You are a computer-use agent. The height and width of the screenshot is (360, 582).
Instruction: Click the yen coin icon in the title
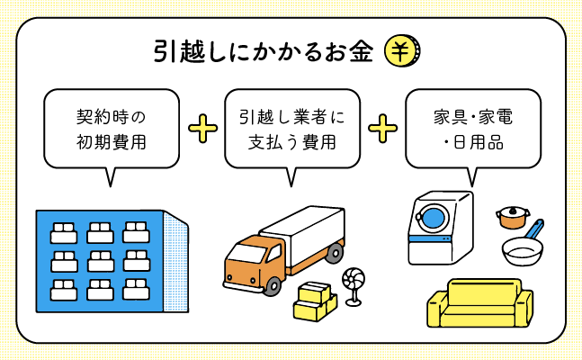[x=402, y=51]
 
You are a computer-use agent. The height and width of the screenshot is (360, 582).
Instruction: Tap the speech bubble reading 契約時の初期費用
[x=112, y=129]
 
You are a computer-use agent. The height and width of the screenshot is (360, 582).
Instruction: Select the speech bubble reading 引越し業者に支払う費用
[x=292, y=129]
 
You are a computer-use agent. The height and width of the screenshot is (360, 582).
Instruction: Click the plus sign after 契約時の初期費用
[x=202, y=129]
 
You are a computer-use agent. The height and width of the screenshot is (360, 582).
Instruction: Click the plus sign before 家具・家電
[x=383, y=129]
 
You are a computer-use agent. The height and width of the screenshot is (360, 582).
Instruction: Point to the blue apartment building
[x=99, y=262]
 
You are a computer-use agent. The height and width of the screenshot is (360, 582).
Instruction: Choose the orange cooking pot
[x=512, y=217]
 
